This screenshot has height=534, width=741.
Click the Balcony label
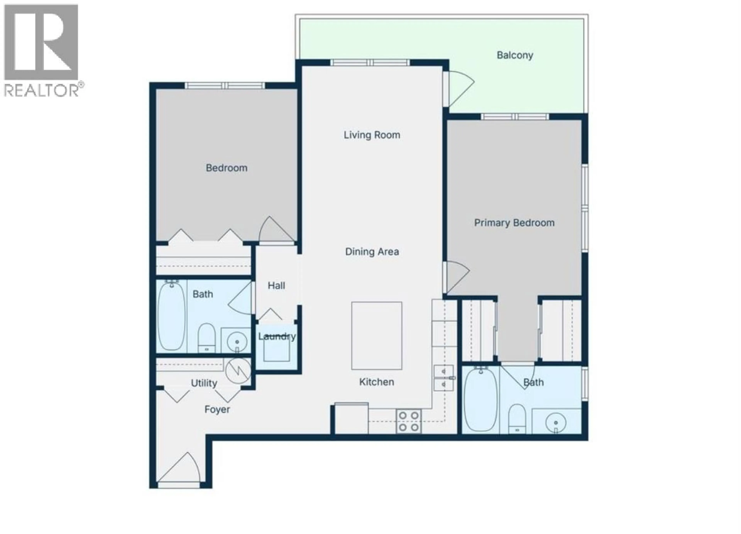coord(515,55)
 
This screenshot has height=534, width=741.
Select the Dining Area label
coord(372,252)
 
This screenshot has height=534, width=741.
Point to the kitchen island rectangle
coord(376,336)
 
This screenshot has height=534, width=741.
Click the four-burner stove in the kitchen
coord(408,421)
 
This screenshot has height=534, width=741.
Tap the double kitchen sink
coord(443,378)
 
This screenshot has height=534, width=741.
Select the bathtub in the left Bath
coord(171,316)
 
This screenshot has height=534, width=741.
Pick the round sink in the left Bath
coord(237,342)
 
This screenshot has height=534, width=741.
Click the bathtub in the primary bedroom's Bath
coord(480,400)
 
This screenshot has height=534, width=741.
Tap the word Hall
coord(276,286)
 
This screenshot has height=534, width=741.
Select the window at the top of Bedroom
coord(225,86)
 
